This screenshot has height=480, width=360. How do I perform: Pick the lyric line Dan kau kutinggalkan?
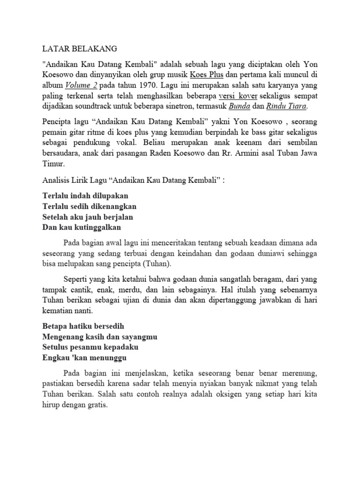[82, 227]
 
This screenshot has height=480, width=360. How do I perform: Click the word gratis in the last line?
[96, 406]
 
